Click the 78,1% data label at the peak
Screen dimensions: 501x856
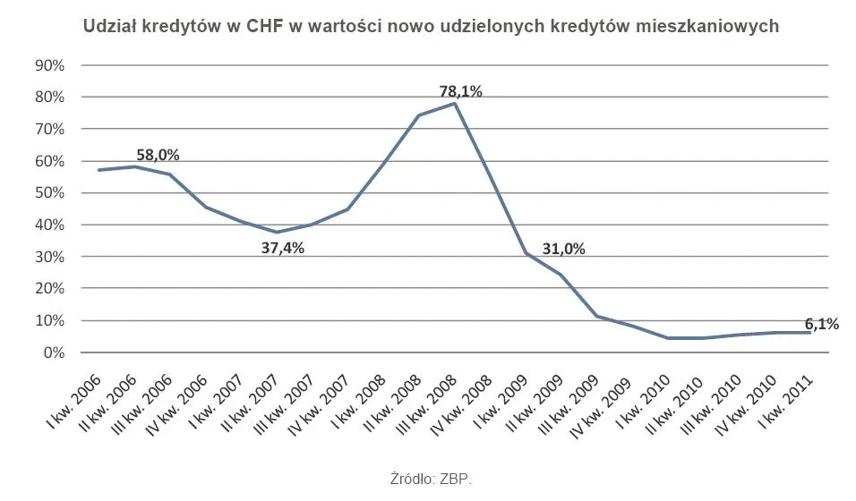point(460,91)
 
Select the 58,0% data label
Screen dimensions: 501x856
point(158,155)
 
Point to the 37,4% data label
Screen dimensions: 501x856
point(282,248)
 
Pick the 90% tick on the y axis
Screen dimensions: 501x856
point(50,65)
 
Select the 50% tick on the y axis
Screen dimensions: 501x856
point(50,193)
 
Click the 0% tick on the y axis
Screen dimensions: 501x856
point(54,352)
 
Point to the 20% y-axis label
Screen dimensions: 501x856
point(50,289)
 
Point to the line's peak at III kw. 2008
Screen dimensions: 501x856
point(455,104)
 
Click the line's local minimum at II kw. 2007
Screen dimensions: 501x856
point(277,233)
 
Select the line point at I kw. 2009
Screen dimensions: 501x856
point(526,253)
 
